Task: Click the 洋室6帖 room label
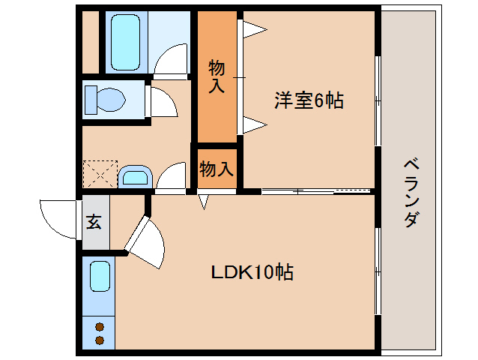[309, 100]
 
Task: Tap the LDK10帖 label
[251, 271]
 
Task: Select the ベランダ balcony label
[411, 193]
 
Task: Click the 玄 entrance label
[94, 222]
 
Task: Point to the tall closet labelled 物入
[216, 77]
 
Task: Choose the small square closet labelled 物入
[216, 169]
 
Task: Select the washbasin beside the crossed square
[135, 177]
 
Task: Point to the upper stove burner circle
[99, 326]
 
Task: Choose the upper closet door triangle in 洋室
[253, 28]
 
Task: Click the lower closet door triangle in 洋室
[253, 123]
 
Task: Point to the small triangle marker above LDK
[202, 201]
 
